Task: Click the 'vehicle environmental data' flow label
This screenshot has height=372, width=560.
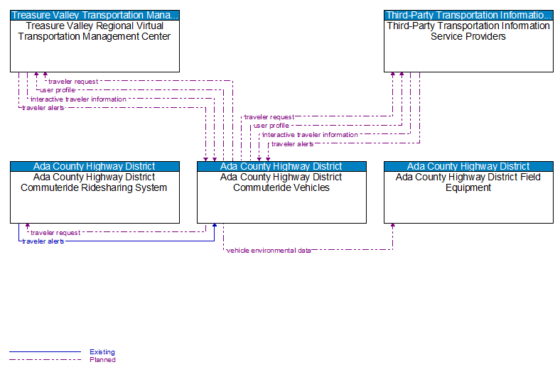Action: click(268, 250)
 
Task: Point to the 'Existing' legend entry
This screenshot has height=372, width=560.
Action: click(102, 352)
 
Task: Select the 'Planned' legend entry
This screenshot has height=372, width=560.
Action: click(102, 360)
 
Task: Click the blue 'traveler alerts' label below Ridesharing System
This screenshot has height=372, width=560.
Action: click(43, 241)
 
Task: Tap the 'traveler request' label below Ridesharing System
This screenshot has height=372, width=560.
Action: click(55, 233)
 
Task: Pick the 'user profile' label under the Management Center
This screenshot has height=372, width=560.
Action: click(57, 90)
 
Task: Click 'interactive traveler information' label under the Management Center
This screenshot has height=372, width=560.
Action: click(78, 99)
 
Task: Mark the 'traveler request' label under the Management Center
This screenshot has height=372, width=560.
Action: click(73, 82)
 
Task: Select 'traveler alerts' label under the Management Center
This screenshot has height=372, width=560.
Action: click(43, 108)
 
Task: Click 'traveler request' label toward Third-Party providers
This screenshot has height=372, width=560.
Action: click(269, 116)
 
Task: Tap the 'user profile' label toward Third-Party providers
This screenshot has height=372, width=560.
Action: click(271, 126)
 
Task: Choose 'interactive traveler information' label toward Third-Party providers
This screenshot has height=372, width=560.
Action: click(310, 135)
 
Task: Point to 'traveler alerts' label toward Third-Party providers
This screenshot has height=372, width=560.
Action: click(292, 144)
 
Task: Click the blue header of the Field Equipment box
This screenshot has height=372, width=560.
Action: click(468, 166)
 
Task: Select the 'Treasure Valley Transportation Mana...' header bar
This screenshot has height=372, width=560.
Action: click(95, 15)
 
